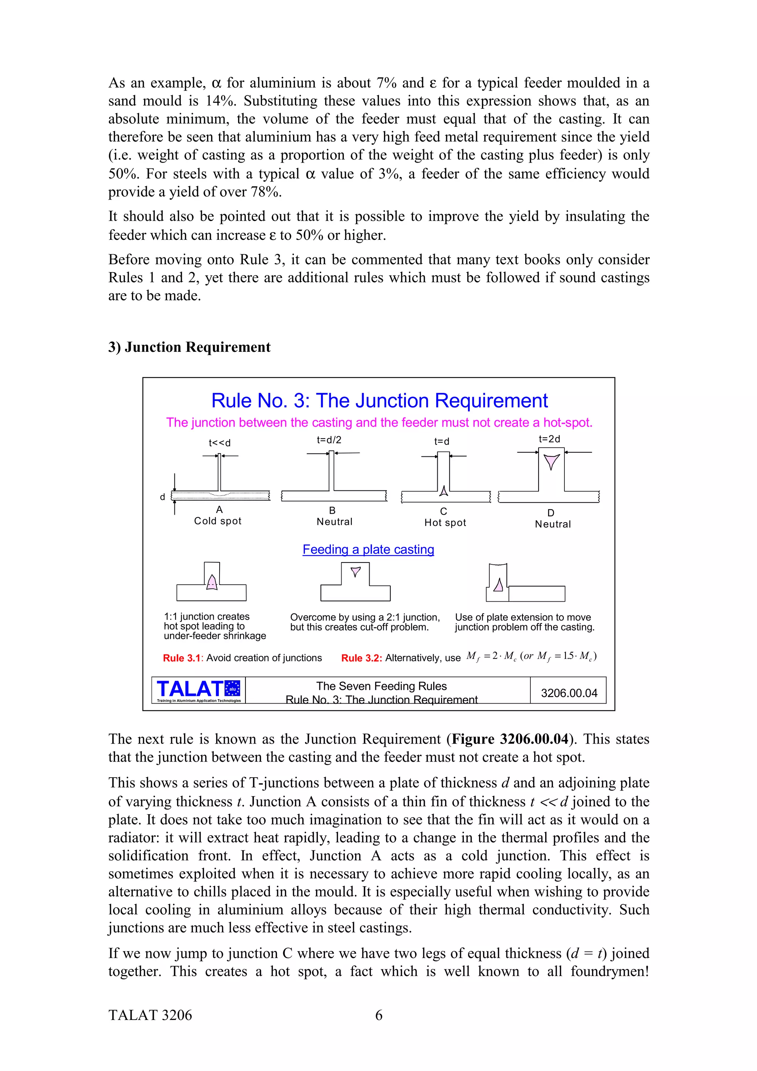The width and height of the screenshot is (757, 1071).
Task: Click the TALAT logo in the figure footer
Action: (x=198, y=690)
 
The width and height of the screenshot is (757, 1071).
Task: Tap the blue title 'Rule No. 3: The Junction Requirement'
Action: (x=379, y=401)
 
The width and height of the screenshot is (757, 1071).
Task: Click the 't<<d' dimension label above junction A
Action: (x=220, y=443)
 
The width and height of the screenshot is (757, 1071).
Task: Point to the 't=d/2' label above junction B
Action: (x=329, y=439)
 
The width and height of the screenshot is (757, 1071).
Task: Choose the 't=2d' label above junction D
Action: (x=549, y=439)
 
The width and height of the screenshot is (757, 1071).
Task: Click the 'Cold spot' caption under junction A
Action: (x=218, y=521)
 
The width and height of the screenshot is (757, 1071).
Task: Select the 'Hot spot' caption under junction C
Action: (x=445, y=523)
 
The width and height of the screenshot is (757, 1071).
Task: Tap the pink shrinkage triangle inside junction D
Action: (x=552, y=461)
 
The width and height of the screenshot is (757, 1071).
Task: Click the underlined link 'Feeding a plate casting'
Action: (x=368, y=550)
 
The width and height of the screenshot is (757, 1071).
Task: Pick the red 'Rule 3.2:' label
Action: (x=361, y=658)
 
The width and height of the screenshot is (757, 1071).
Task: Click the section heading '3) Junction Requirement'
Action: (x=189, y=347)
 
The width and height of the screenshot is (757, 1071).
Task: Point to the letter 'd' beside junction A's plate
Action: (x=162, y=497)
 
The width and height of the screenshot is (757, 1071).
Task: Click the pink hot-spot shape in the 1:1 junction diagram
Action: (x=212, y=582)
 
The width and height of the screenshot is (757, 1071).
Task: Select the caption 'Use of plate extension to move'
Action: (x=523, y=617)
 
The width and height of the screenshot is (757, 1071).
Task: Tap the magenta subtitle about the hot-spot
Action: (x=379, y=423)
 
